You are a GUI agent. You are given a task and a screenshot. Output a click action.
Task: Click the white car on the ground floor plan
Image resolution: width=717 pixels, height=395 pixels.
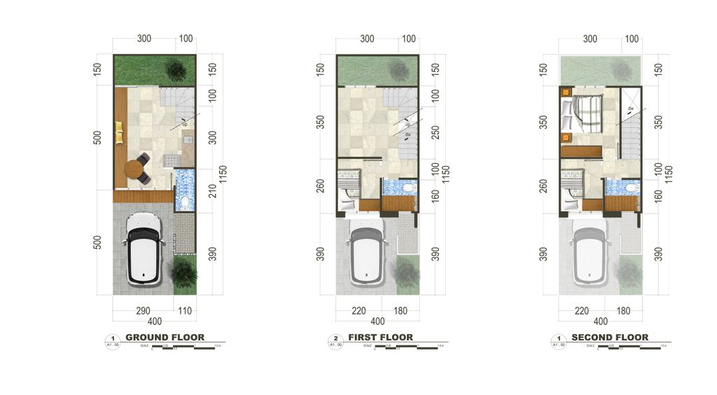144,249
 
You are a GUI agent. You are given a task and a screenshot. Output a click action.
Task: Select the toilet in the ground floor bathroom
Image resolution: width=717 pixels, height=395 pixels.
184,202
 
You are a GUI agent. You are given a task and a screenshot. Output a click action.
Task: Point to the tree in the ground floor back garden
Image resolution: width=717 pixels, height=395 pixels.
175,69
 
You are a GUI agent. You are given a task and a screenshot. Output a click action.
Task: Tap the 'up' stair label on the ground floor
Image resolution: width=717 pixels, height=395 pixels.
185,124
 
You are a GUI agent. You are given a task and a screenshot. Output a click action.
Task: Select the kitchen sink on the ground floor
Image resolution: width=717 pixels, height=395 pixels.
188,139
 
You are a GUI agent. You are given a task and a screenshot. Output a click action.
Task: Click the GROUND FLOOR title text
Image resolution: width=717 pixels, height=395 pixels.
165,338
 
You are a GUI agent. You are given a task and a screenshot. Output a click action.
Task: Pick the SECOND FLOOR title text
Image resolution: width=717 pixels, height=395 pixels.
610,338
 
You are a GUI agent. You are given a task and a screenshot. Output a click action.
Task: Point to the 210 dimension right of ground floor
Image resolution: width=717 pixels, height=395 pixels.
213,190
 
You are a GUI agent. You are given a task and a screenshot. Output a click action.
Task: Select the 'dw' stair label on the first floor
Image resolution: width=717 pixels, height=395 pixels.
408,134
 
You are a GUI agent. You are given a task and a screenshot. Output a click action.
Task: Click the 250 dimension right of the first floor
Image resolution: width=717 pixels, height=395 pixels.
436,132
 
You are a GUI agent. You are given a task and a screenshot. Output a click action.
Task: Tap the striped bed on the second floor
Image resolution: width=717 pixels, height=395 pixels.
585,113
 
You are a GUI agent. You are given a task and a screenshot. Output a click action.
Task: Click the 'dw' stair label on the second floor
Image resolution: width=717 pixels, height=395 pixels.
631,109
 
